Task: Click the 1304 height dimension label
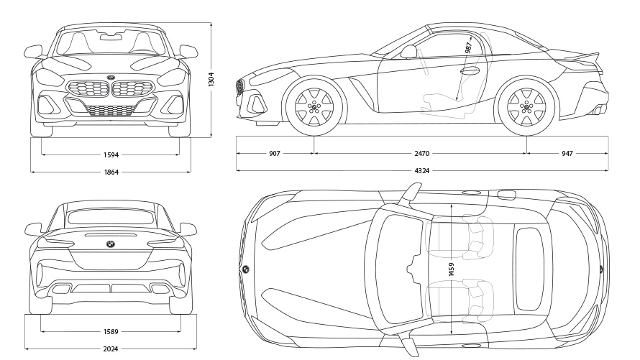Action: tap(211, 79)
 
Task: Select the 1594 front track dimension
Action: tap(110, 154)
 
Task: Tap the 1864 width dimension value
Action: tap(110, 172)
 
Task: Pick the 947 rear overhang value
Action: tap(567, 153)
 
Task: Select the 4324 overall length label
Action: tap(422, 170)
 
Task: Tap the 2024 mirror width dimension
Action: tap(110, 349)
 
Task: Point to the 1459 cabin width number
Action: tap(451, 269)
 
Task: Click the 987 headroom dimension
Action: tap(468, 49)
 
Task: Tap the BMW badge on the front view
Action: tap(111, 78)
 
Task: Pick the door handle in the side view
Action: tap(471, 71)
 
